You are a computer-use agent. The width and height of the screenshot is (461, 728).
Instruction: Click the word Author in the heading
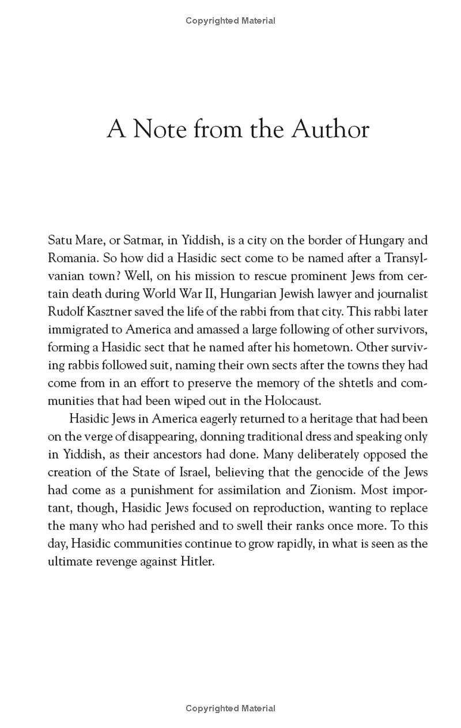coord(330,129)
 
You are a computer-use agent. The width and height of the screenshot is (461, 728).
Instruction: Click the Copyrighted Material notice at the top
coord(231,21)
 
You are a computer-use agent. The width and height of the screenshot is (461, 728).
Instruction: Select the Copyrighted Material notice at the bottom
coord(231,708)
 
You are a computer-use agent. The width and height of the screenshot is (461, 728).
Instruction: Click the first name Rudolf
coord(66,311)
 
